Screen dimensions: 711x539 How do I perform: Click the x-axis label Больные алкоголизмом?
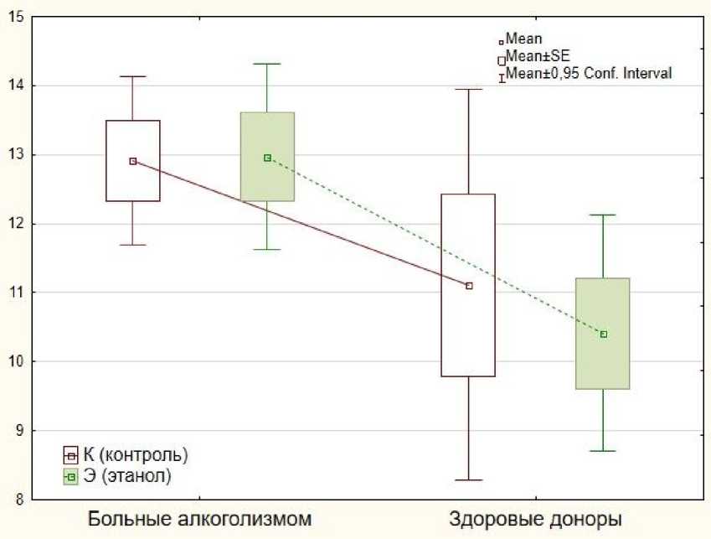[x=199, y=517]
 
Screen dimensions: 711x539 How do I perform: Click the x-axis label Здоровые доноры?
[x=536, y=517]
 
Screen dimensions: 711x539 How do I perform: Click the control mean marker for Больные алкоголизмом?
[x=133, y=161]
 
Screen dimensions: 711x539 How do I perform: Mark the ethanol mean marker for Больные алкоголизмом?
[x=267, y=158]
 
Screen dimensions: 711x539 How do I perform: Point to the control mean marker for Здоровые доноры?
[x=469, y=286]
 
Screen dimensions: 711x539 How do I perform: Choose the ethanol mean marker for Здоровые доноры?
[x=603, y=334]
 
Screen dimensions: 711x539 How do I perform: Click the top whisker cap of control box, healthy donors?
[x=469, y=89]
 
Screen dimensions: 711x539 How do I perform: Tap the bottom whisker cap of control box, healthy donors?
[x=469, y=480]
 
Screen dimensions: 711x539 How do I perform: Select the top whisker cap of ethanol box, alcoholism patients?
[x=267, y=64]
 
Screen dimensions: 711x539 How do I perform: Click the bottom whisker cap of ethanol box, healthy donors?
[x=603, y=451]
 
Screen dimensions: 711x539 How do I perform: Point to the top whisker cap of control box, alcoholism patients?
[x=133, y=76]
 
